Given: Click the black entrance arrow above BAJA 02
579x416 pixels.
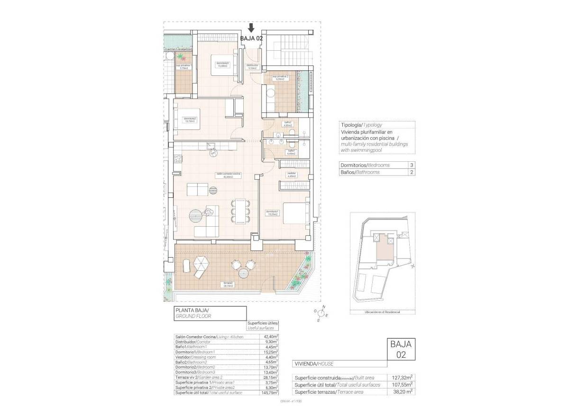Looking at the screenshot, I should click(251, 28).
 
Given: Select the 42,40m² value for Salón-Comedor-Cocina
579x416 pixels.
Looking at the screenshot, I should click(271, 337).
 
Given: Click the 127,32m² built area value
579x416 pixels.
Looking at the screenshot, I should click(401, 378).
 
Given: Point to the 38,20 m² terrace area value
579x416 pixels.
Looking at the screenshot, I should click(401, 392).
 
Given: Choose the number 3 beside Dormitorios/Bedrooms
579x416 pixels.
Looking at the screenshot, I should click(411, 165).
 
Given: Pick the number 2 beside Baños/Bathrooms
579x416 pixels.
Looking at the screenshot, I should click(411, 173).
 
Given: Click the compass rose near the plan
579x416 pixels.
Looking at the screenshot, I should click(322, 314).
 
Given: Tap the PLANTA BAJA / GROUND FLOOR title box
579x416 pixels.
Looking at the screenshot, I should click(210, 313).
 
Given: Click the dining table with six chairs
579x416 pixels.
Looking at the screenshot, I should click(239, 211).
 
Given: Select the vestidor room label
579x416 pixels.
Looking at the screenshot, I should click(291, 174).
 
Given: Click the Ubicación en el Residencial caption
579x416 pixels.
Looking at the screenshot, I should click(382, 312).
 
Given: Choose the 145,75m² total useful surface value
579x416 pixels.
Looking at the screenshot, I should click(271, 393).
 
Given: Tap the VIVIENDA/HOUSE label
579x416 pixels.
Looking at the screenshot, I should click(313, 364).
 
